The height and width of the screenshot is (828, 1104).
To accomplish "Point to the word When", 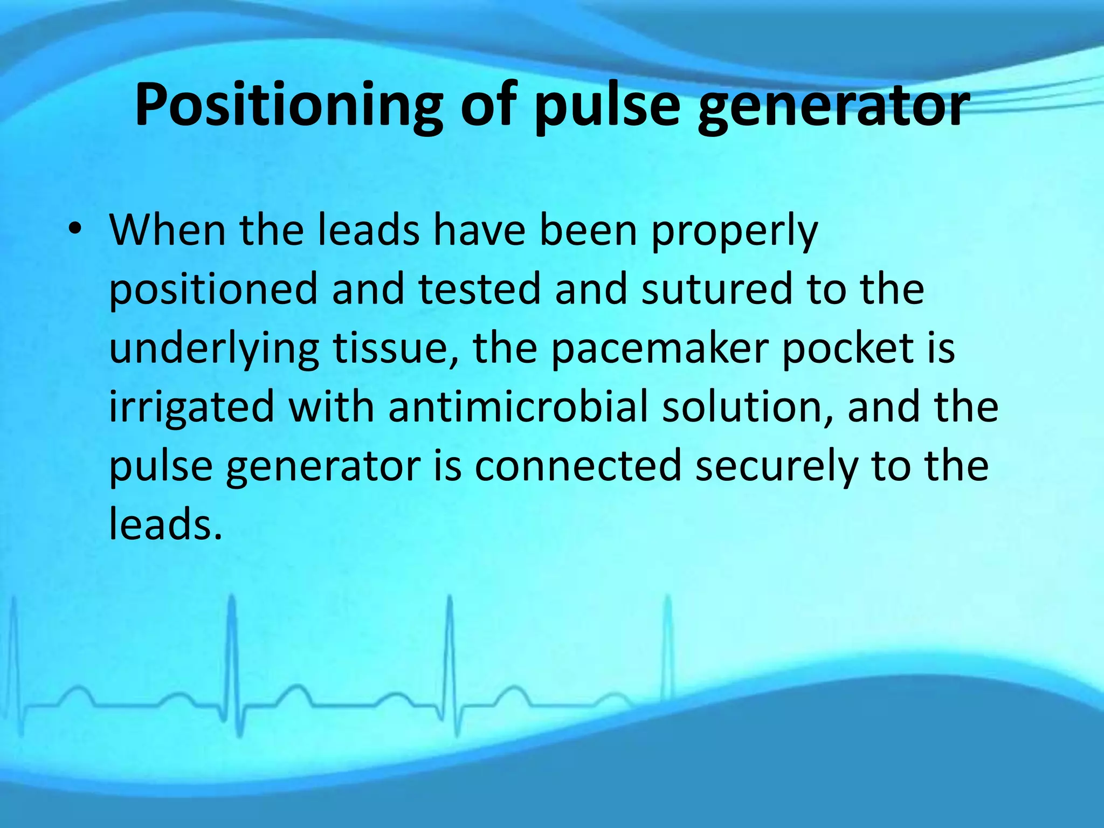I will [x=168, y=230].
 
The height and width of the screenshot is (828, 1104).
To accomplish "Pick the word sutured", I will [x=716, y=289].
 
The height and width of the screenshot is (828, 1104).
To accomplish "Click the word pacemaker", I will [x=659, y=348].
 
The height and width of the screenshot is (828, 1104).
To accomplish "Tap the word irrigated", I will [x=192, y=409].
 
